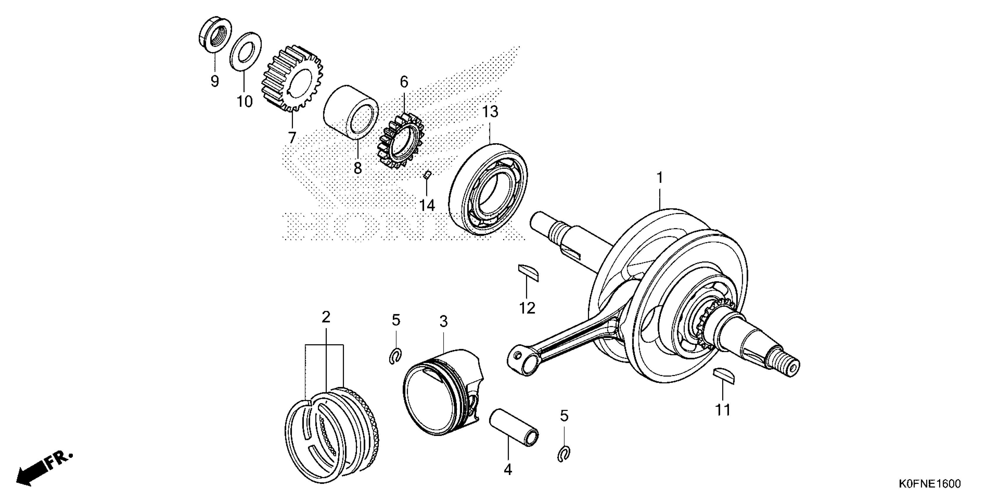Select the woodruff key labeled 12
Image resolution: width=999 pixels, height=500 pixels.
(x=528, y=273)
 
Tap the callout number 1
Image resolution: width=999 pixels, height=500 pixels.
(x=660, y=178)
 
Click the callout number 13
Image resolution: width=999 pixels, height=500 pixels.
(x=490, y=112)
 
